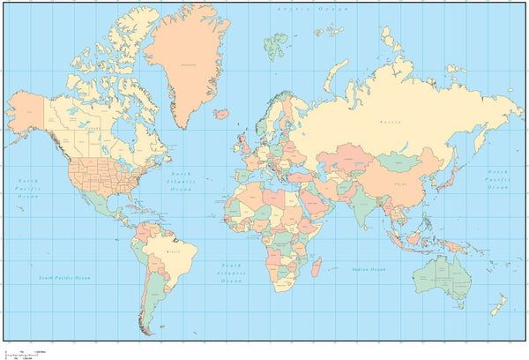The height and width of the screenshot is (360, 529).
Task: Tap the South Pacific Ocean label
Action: click(x=64, y=278)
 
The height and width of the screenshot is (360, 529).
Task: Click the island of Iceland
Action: click(x=222, y=113)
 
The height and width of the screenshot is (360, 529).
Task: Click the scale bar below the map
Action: click(x=22, y=349)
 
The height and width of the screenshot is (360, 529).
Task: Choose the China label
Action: click(x=401, y=184)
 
